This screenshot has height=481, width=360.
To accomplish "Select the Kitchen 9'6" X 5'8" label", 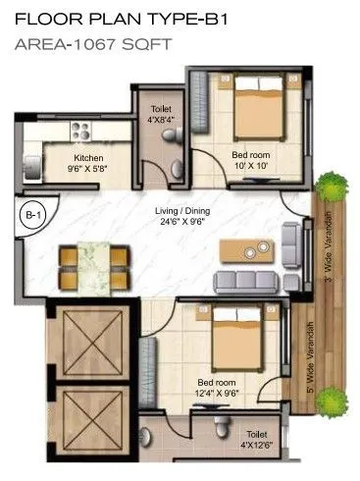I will pos(89,163).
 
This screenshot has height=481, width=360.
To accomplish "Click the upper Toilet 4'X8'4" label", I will pos(162,116).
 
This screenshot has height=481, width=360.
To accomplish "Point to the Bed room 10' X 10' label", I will pos(250,160).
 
